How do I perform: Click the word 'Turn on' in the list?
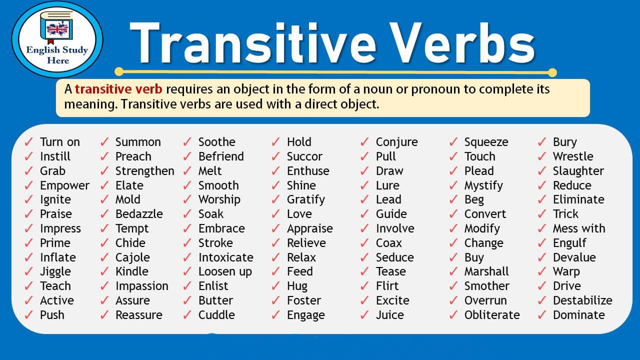[x=60, y=142]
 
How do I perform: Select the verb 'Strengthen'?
[x=145, y=171]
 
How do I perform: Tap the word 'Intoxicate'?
[x=226, y=257]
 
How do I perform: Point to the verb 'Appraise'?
[x=310, y=229]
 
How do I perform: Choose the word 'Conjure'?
[x=397, y=142]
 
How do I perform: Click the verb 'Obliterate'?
[x=492, y=315]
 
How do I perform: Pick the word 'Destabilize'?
[x=582, y=300]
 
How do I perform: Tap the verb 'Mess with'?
[x=579, y=228]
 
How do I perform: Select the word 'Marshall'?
[x=486, y=271]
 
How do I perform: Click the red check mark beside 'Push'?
[x=28, y=314]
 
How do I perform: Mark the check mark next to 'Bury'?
[x=541, y=141]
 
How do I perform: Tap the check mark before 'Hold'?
[x=275, y=141]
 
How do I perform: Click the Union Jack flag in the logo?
[x=57, y=29]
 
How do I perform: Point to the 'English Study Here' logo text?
[x=57, y=55]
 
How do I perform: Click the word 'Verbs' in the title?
[x=462, y=43]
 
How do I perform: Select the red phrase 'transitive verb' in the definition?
[x=118, y=89]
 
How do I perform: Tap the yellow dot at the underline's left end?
[x=119, y=71]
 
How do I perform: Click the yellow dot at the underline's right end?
[x=552, y=72]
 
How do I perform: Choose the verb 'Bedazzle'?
[x=139, y=214]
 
